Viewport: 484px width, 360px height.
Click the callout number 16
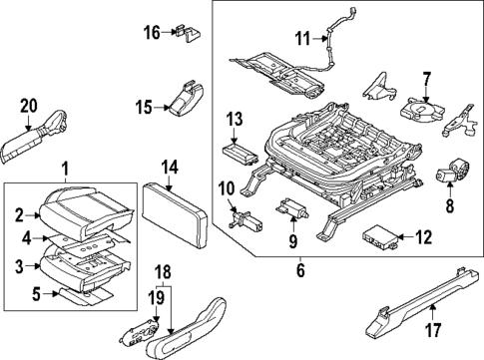click(x=150, y=32)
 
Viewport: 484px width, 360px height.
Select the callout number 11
click(x=302, y=39)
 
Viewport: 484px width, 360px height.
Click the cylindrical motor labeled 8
click(x=455, y=174)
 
